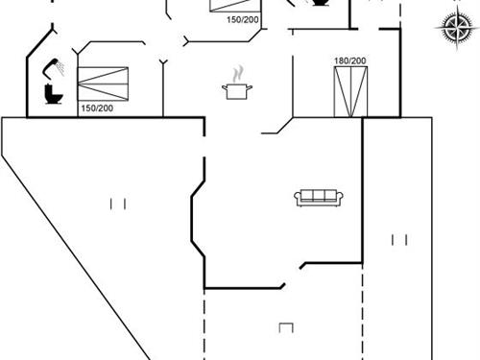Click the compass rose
coord(452,28)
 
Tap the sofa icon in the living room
coord(319,197)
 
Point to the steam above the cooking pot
coord(236,73)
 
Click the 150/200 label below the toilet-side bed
coord(96,108)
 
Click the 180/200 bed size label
coord(349,61)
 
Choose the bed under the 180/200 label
coord(349,91)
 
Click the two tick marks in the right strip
coord(399,238)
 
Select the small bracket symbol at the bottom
coord(285,327)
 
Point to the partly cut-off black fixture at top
coord(317,4)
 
